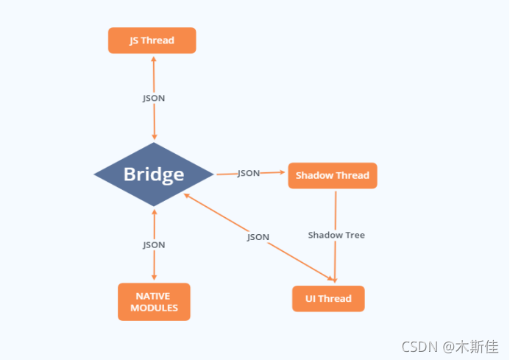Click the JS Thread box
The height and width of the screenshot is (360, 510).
pyautogui.click(x=152, y=40)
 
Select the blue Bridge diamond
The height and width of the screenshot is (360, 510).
pyautogui.click(x=154, y=174)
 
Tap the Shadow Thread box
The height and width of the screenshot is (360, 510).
pyautogui.click(x=333, y=175)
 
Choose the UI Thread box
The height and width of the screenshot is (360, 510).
pyautogui.click(x=328, y=298)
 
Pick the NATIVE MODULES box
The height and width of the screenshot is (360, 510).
pyautogui.click(x=154, y=302)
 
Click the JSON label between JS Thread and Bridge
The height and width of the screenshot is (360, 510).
pyautogui.click(x=154, y=98)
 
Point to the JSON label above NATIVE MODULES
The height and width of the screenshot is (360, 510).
pyautogui.click(x=154, y=244)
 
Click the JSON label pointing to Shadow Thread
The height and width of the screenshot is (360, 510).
pyautogui.click(x=249, y=173)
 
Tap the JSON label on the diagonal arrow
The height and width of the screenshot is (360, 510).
pyautogui.click(x=258, y=237)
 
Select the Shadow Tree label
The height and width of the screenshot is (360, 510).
pyautogui.click(x=336, y=235)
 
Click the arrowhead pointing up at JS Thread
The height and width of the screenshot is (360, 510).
pyautogui.click(x=154, y=59)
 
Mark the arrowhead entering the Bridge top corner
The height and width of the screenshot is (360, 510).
pyautogui.click(x=155, y=137)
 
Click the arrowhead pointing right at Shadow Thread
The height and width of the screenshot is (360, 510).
pyautogui.click(x=282, y=172)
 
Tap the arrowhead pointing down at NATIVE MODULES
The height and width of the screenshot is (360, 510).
pyautogui.click(x=154, y=278)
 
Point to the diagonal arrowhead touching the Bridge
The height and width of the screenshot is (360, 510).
pyautogui.click(x=187, y=195)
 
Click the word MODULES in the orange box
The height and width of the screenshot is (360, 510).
pyautogui.click(x=154, y=308)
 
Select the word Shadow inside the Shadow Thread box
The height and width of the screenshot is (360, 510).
pyautogui.click(x=311, y=175)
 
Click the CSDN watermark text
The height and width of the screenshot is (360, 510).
pyautogui.click(x=419, y=347)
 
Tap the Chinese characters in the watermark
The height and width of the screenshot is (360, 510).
pyautogui.click(x=477, y=347)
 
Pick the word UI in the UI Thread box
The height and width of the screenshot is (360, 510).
pyautogui.click(x=311, y=298)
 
